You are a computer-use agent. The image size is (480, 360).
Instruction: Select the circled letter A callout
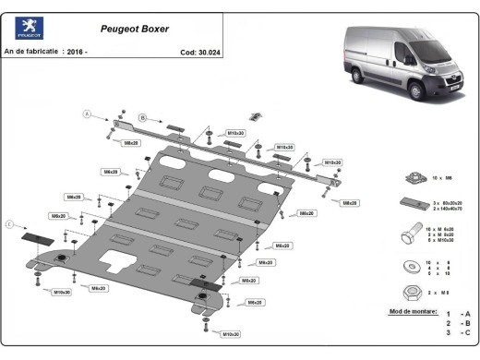(88, 114)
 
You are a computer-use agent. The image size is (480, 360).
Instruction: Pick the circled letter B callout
(143, 118)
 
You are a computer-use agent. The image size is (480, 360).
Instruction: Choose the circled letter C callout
(10, 223)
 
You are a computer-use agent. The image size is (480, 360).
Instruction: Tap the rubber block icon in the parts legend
(412, 204)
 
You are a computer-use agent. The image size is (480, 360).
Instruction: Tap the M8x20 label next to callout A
(130, 143)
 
